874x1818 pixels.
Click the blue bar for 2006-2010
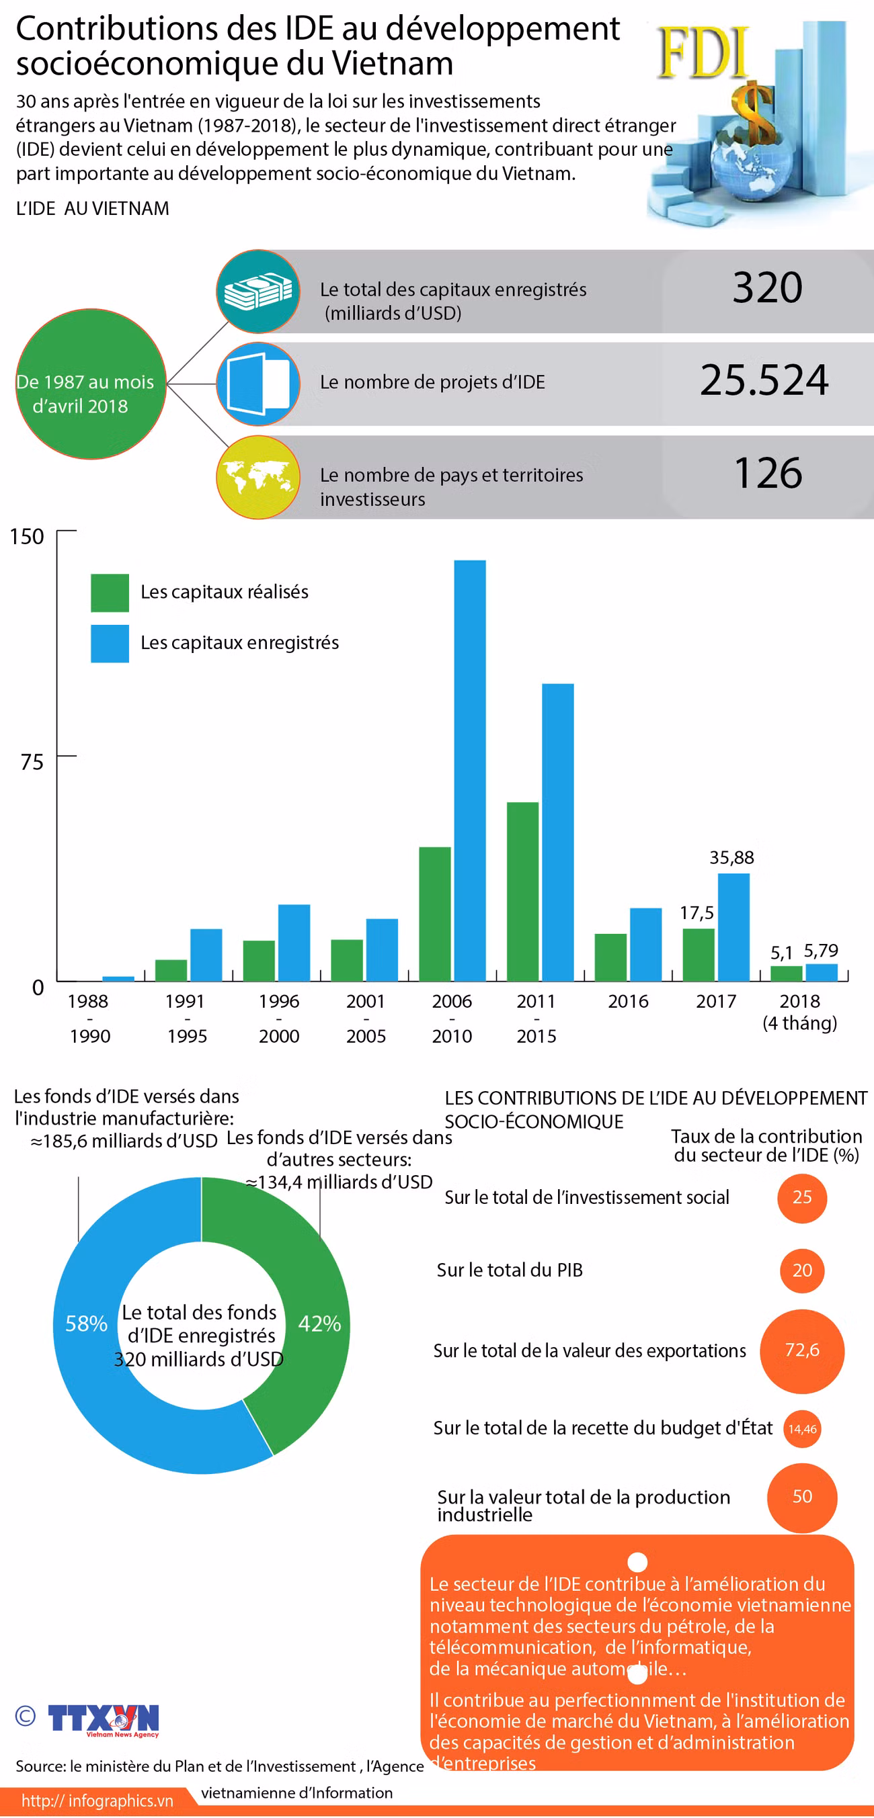click(469, 770)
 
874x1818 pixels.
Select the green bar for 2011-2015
click(522, 892)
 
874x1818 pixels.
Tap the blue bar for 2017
click(733, 926)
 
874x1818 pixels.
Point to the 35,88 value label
click(731, 857)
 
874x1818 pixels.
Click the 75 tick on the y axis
click(32, 761)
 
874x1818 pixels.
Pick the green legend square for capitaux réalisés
click(110, 592)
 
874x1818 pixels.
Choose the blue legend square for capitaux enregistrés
click(110, 643)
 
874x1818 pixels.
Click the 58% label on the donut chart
click(86, 1323)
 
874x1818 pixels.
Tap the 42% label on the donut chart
click(319, 1323)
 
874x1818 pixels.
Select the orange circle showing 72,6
click(802, 1351)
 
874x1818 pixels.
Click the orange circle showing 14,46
click(802, 1428)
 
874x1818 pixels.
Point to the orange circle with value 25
click(802, 1198)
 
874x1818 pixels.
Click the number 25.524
click(764, 380)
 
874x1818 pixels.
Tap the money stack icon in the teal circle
click(258, 291)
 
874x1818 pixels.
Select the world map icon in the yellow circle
click(258, 477)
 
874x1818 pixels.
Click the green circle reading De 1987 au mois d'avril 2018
click(91, 384)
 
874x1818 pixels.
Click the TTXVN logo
click(103, 1720)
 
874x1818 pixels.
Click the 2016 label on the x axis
click(628, 1001)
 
